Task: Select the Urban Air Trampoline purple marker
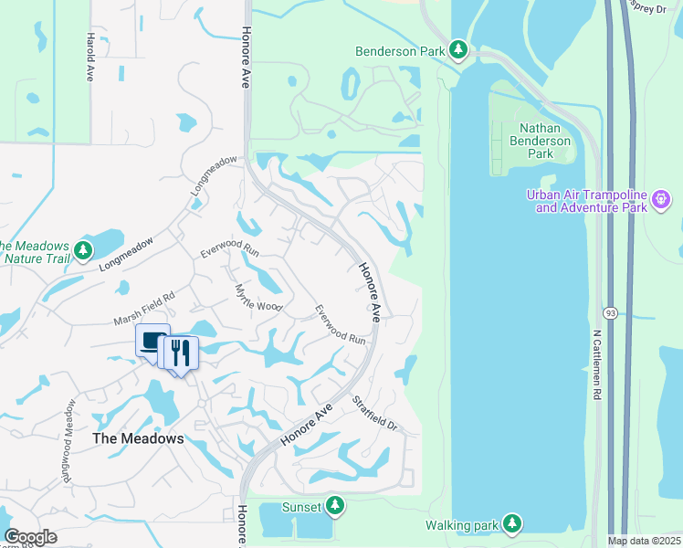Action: point(663,198)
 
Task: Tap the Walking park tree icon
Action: point(513,524)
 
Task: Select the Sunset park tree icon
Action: point(335,506)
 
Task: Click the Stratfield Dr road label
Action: point(376,413)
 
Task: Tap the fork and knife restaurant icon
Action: point(180,353)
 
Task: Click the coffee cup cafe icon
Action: point(152,342)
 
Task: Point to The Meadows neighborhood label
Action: point(138,438)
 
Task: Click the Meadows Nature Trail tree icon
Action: point(84,250)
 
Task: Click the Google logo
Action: point(30,537)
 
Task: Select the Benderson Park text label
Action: point(399,51)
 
